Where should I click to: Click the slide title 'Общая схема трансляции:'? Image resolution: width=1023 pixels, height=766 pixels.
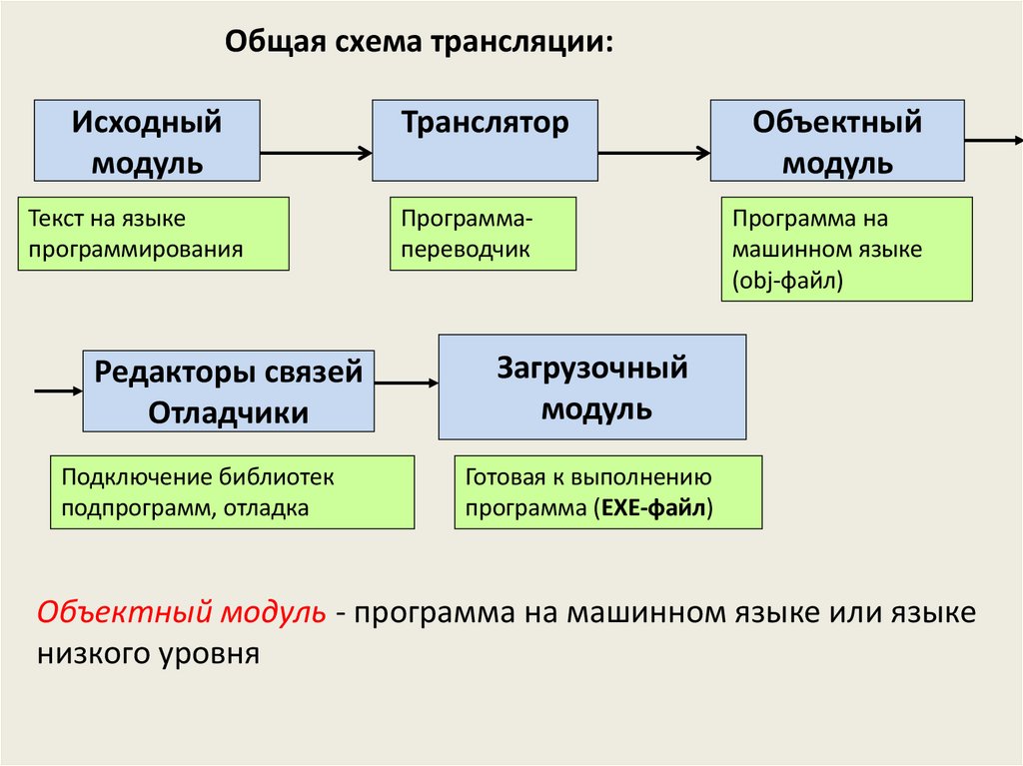click(419, 43)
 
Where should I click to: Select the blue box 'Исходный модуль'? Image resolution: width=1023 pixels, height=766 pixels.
click(147, 141)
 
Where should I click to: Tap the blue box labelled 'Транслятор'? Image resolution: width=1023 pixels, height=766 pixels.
click(485, 140)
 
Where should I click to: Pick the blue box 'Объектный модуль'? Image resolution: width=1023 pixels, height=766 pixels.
click(837, 141)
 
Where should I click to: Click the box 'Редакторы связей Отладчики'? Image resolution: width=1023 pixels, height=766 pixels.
click(228, 390)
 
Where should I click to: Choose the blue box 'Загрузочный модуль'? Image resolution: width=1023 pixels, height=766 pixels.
click(591, 386)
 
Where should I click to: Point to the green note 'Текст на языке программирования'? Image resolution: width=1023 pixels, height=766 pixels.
click(153, 234)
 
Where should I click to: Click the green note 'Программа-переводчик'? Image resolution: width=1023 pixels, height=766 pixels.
click(483, 234)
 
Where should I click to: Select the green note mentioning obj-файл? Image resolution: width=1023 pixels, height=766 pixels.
click(846, 249)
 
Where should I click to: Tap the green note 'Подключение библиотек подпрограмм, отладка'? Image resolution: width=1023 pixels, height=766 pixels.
click(232, 492)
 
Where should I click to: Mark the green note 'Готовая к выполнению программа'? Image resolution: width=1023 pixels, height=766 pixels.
click(607, 492)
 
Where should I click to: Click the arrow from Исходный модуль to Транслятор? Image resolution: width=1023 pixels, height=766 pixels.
click(316, 153)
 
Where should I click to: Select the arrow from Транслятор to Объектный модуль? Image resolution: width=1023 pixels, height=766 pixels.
click(654, 153)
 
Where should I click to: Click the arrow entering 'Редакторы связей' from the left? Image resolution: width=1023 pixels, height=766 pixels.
click(58, 390)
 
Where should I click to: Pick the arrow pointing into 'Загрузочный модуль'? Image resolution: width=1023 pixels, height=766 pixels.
click(407, 382)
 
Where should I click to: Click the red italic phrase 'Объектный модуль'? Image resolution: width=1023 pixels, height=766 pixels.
click(181, 612)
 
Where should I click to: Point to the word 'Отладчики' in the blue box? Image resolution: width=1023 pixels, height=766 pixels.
click(228, 412)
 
